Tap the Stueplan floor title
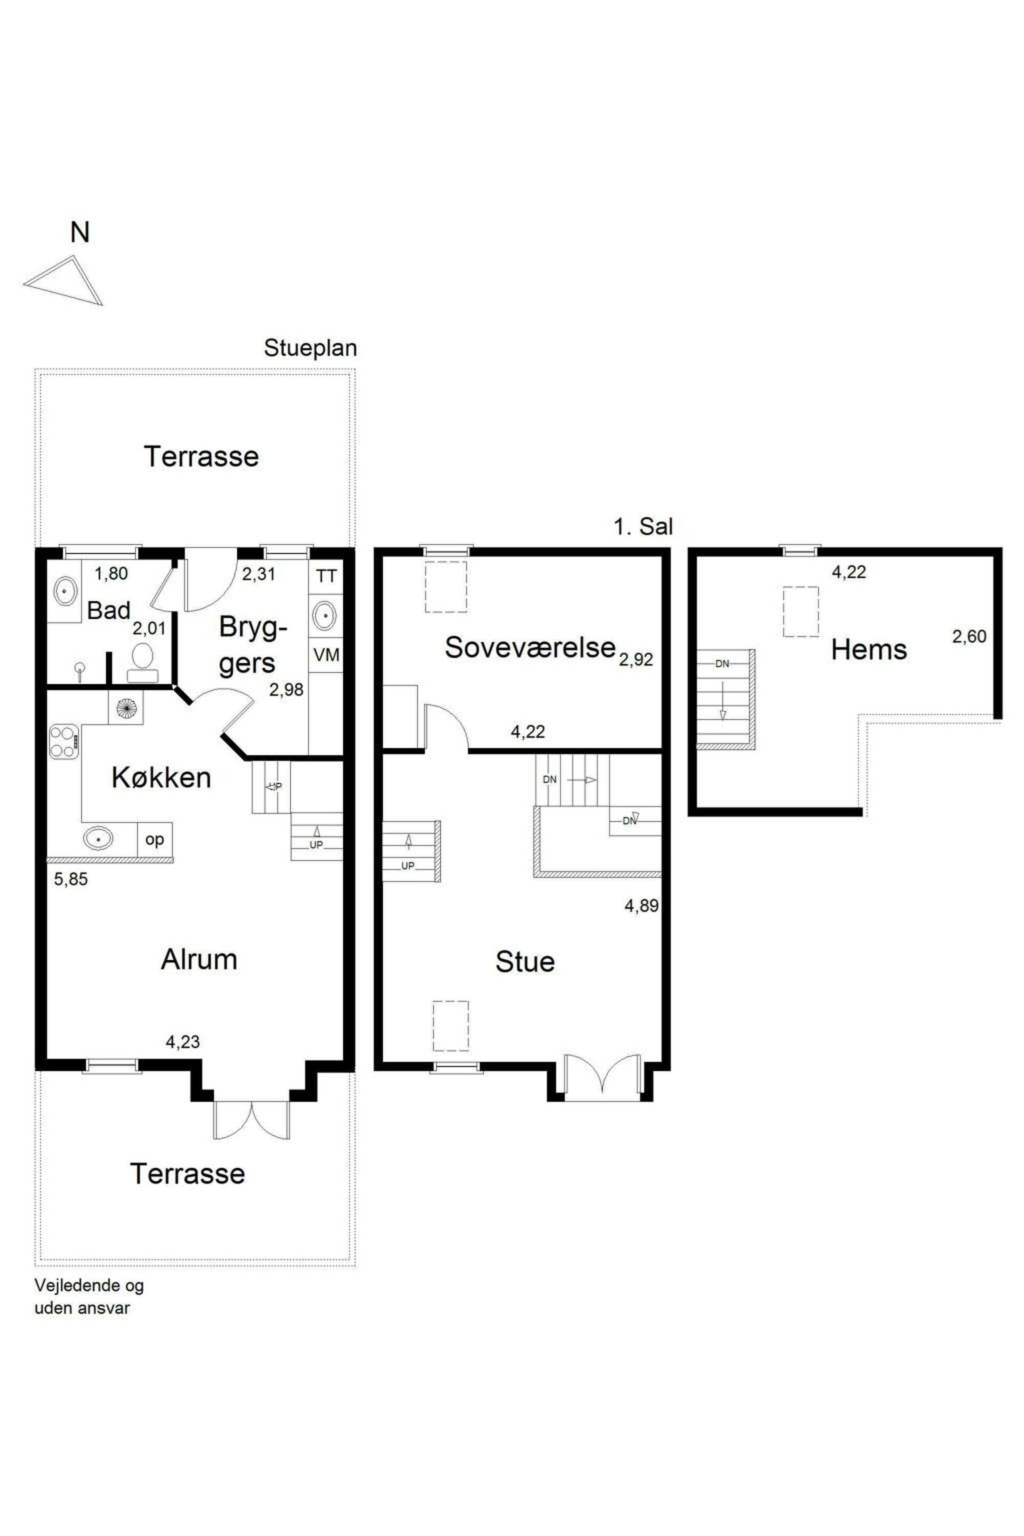[310, 348]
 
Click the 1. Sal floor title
[643, 526]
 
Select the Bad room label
[108, 611]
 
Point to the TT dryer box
[326, 576]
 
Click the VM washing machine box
[326, 654]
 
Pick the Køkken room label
[161, 778]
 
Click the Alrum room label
[199, 960]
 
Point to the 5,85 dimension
[70, 879]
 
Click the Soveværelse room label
[530, 647]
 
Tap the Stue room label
[525, 962]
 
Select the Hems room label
[869, 650]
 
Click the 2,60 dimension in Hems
[969, 636]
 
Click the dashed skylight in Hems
[801, 611]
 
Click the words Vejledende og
[89, 1286]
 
